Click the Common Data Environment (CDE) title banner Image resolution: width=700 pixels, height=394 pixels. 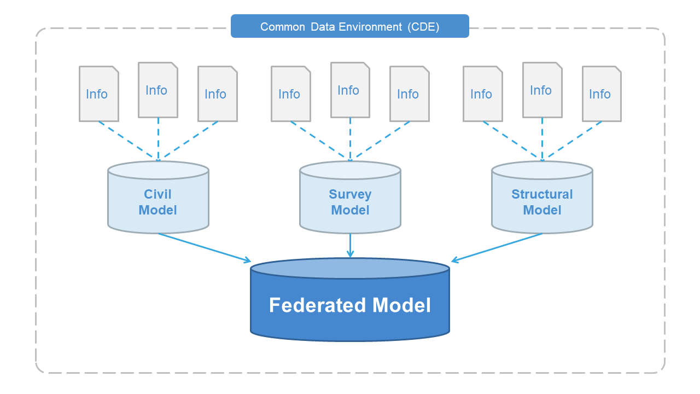click(x=349, y=26)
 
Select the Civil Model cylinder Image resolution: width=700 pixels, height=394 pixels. click(x=158, y=198)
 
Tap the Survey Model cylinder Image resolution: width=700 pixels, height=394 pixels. click(x=350, y=198)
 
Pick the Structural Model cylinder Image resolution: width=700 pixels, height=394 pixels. click(x=542, y=198)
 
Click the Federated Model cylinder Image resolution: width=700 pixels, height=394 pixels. click(x=350, y=299)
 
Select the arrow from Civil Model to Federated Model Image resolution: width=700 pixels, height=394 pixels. click(x=205, y=248)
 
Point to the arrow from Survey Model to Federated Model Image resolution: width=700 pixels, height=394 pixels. click(x=351, y=246)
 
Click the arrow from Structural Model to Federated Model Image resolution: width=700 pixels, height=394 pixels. click(x=497, y=248)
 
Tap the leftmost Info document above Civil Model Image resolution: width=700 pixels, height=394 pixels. click(x=99, y=94)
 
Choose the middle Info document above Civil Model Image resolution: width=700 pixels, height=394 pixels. click(x=158, y=90)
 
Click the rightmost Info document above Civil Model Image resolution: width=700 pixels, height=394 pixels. click(x=218, y=94)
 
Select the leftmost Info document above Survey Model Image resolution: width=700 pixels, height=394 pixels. click(x=290, y=94)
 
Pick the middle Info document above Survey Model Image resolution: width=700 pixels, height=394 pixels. click(x=351, y=90)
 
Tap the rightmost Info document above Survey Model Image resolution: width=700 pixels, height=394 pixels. click(x=410, y=94)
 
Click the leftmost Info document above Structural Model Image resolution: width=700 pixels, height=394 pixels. click(x=482, y=94)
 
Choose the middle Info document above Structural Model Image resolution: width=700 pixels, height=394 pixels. click(x=542, y=90)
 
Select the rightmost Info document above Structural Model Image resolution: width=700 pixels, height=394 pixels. click(x=602, y=94)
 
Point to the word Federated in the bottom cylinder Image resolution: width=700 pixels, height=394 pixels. click(x=318, y=305)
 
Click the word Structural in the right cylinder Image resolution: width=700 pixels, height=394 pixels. click(x=542, y=194)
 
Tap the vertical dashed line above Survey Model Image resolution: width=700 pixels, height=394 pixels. click(x=351, y=140)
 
